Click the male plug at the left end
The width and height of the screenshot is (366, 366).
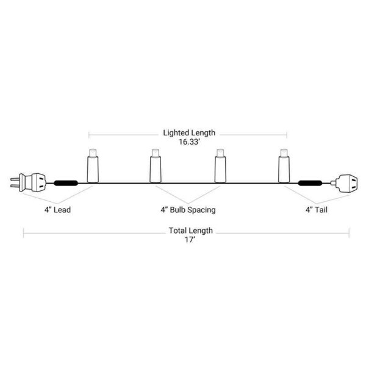pyautogui.click(x=28, y=182)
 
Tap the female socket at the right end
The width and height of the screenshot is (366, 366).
pyautogui.click(x=344, y=184)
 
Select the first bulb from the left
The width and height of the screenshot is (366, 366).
pyautogui.click(x=93, y=166)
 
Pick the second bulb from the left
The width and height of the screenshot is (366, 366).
pyautogui.click(x=156, y=166)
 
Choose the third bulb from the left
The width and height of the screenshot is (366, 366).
pyautogui.click(x=220, y=166)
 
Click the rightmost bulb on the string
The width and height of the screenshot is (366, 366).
pyautogui.click(x=284, y=166)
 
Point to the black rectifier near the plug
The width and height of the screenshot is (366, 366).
pyautogui.click(x=66, y=183)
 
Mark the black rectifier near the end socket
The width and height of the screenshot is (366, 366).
pyautogui.click(x=310, y=183)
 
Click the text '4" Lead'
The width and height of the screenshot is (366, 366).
pyautogui.click(x=57, y=210)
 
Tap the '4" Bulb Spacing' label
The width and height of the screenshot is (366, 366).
pyautogui.click(x=188, y=210)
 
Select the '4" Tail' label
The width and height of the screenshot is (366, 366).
pyautogui.click(x=317, y=210)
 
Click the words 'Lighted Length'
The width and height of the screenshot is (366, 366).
pyautogui.click(x=189, y=133)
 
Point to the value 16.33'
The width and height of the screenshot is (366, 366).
pyautogui.click(x=189, y=142)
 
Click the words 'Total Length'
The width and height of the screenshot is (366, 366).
pyautogui.click(x=191, y=231)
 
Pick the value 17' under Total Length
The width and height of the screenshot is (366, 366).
pyautogui.click(x=190, y=240)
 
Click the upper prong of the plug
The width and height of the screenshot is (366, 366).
pyautogui.click(x=15, y=179)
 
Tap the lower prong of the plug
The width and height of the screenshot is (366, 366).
pyautogui.click(x=15, y=186)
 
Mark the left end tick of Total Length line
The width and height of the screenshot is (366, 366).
pyautogui.click(x=24, y=233)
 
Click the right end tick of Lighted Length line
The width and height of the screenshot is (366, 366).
pyautogui.click(x=287, y=135)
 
